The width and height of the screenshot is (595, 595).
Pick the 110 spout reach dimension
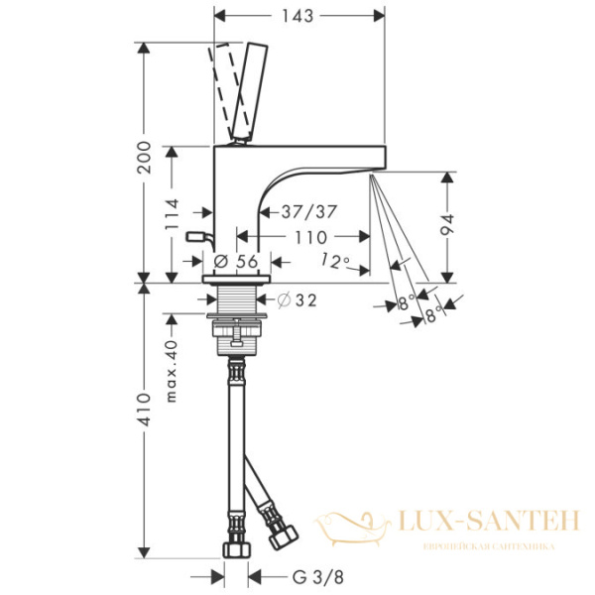coord(310,237)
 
